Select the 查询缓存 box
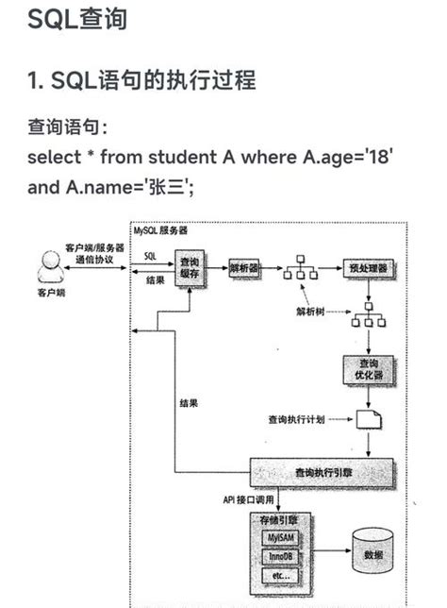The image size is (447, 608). [189, 266]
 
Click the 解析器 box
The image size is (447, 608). [244, 267]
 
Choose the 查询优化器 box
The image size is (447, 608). [365, 370]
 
